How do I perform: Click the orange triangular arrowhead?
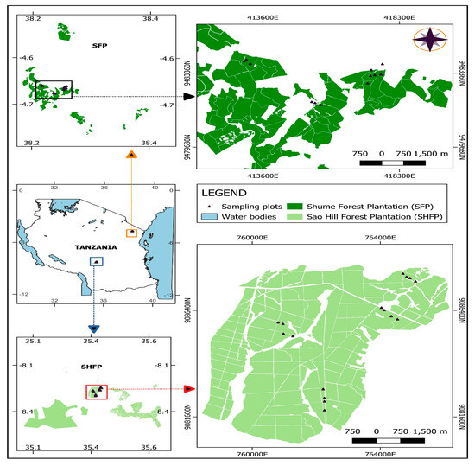131,155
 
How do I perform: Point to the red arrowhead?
188,389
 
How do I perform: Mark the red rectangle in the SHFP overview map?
97,391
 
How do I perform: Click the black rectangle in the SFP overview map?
54,89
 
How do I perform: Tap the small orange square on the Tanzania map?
131,233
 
